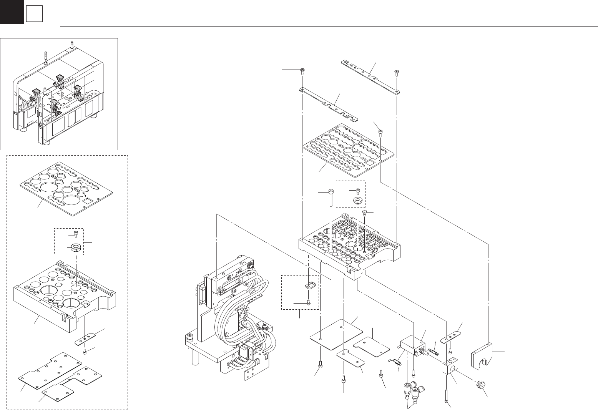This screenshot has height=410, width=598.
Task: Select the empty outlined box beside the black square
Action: pos(34,15)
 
